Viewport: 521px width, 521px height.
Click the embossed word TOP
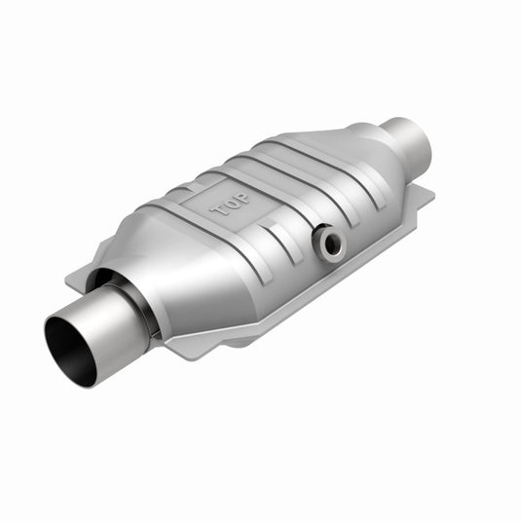coord(230,201)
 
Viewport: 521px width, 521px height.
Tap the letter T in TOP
coord(219,207)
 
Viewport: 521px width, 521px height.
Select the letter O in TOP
coord(230,201)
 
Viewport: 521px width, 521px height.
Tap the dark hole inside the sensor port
coord(333,244)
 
